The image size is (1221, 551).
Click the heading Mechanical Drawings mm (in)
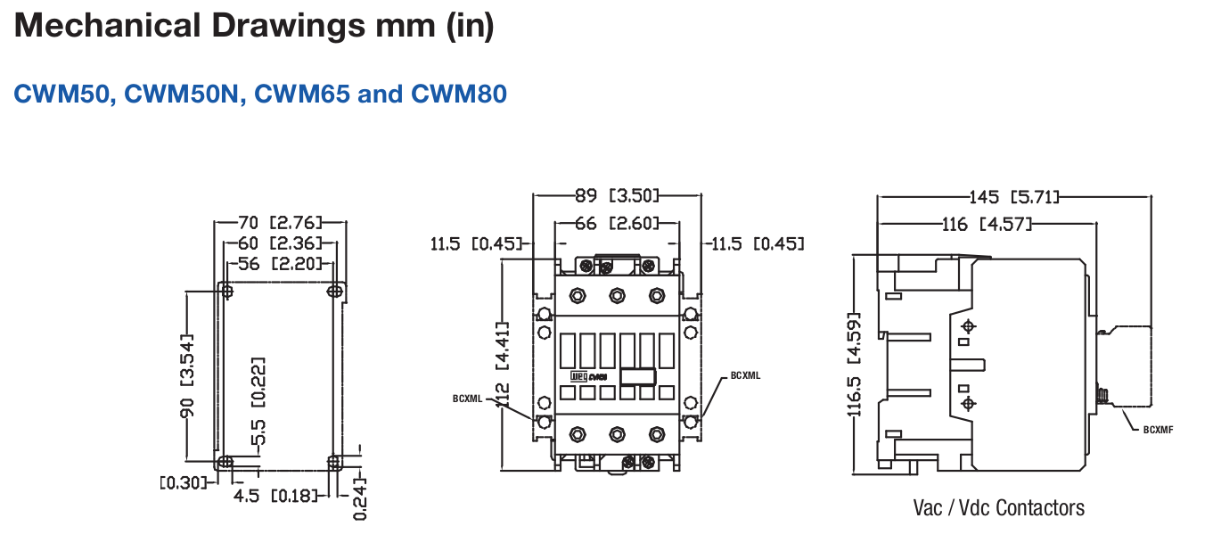point(253,27)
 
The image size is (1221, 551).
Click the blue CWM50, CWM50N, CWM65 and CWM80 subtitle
point(260,94)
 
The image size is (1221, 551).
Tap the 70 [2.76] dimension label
point(280,222)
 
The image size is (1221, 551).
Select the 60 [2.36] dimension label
point(280,243)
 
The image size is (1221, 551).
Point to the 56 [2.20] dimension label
point(280,263)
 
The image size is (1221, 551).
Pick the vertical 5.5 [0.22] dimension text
point(258,401)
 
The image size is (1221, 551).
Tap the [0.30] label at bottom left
point(182,482)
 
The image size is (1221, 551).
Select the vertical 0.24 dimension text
point(359,502)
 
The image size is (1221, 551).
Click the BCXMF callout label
point(1159,430)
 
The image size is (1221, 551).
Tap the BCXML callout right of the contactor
point(745,375)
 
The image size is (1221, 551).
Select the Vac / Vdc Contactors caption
point(999,508)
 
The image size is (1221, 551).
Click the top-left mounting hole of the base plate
point(226,291)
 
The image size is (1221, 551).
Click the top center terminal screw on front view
point(616,294)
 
